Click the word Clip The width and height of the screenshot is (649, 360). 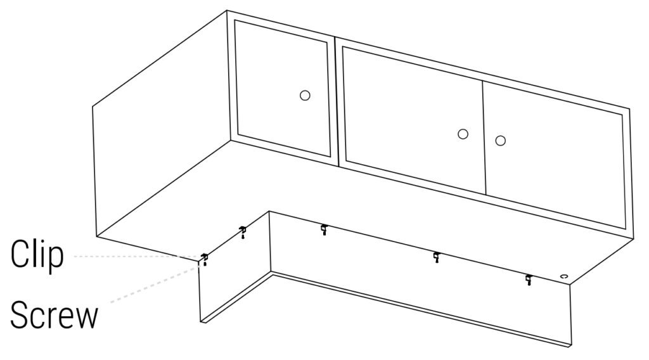tap(37, 255)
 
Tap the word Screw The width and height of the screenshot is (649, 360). tap(55, 315)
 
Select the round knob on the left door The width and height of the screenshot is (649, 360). tap(305, 96)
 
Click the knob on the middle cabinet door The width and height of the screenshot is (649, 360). tap(463, 134)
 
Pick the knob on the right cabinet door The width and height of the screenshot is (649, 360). tap(501, 141)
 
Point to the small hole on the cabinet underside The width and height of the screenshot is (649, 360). tap(563, 276)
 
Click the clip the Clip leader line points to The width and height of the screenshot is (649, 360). tap(204, 257)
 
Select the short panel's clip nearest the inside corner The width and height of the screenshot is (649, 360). tap(243, 229)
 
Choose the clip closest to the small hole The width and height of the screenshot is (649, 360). tap(529, 278)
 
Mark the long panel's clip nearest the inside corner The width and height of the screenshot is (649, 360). tap(324, 228)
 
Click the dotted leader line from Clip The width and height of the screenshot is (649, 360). tap(137, 257)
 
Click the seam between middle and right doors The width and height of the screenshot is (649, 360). tap(484, 137)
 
